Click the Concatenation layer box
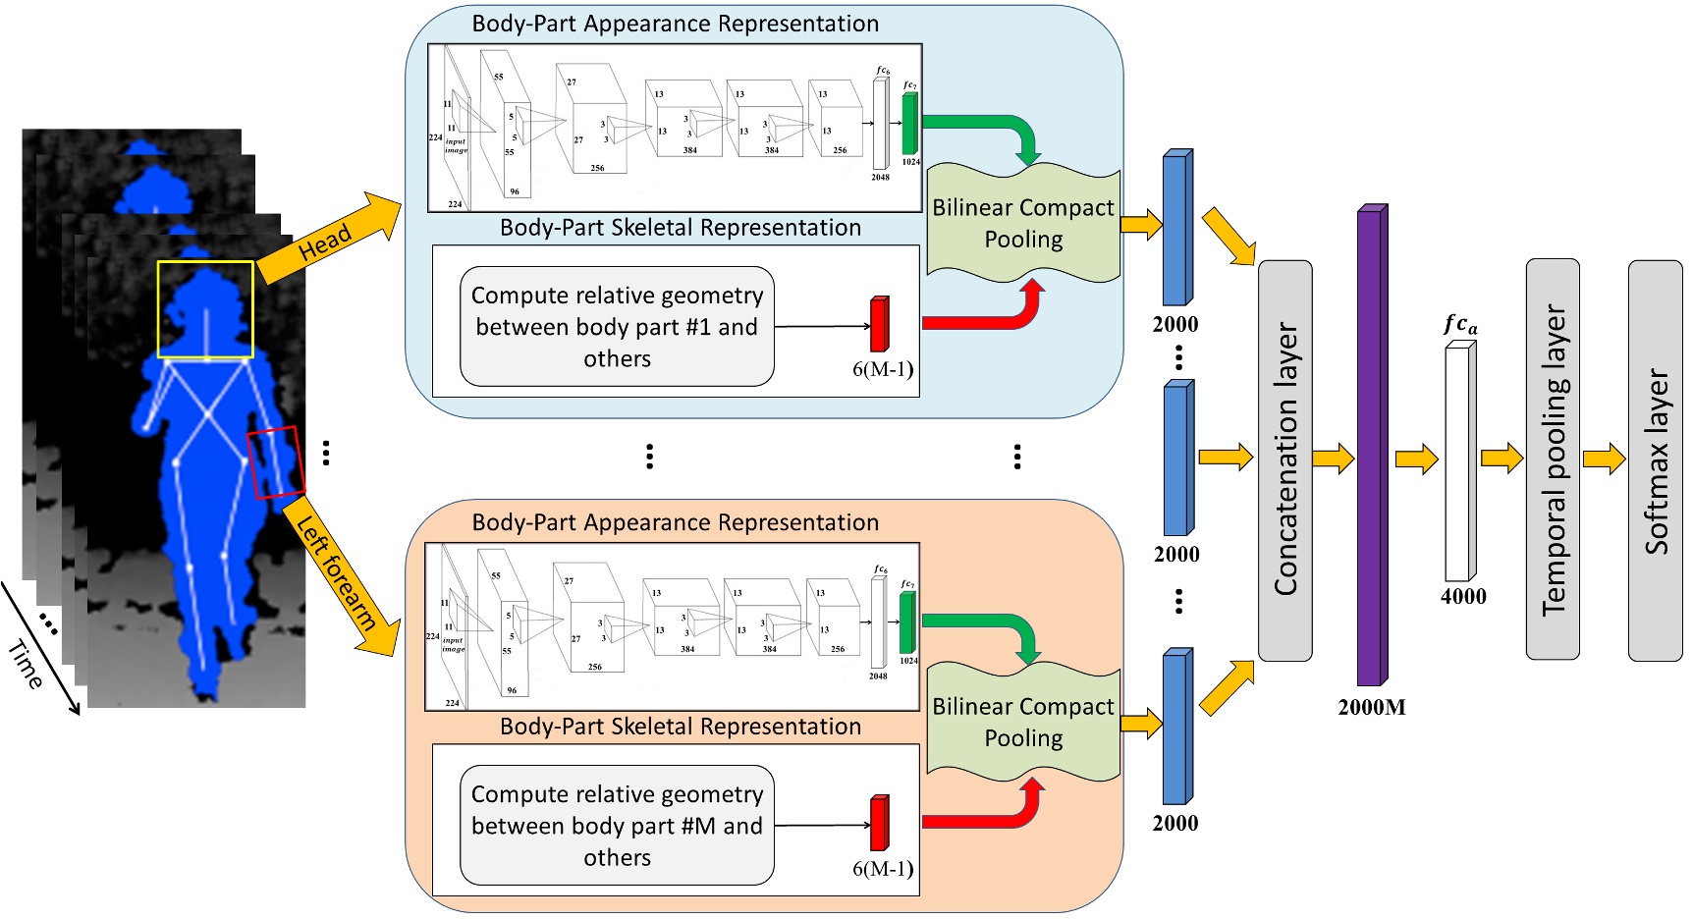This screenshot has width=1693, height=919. (1284, 460)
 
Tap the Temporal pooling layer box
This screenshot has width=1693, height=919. (1553, 459)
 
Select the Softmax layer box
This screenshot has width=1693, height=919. (1655, 460)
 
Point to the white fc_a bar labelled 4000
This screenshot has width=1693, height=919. (1458, 461)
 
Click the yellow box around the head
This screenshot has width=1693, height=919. (205, 309)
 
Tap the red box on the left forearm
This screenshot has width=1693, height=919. (276, 461)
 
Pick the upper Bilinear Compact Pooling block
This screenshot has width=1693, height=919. (1023, 224)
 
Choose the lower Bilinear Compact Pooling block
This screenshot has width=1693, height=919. (1023, 723)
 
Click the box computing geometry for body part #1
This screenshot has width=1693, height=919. (617, 327)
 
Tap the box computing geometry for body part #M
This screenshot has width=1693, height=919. (617, 826)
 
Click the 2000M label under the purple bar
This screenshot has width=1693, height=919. (1371, 707)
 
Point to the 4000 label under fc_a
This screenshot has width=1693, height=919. (1463, 597)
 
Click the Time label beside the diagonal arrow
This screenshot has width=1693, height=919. (25, 665)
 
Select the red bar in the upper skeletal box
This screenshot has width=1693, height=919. (879, 324)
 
